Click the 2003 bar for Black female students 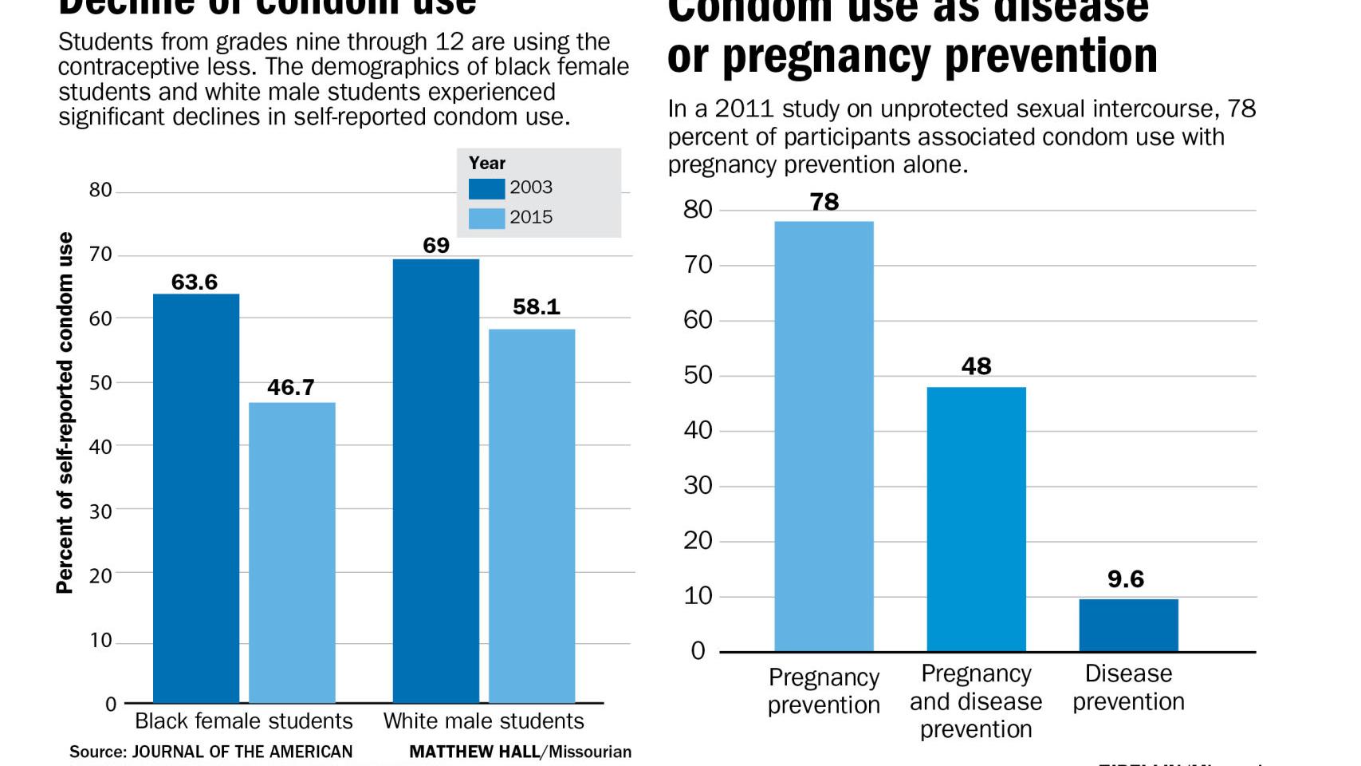point(196,498)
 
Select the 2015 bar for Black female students point(292,552)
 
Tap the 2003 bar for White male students point(436,480)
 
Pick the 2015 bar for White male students point(532,515)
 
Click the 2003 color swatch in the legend point(486,188)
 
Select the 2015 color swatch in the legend point(486,218)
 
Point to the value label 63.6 point(195,282)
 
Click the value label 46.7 point(290,387)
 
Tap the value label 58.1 point(536,306)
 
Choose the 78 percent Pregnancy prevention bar point(824,436)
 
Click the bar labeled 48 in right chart point(976,519)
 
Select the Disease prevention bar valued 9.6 point(1128,625)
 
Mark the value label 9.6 point(1125,578)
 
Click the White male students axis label point(483,721)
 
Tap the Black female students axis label point(243,721)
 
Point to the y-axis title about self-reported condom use point(65,413)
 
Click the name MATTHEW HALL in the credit point(474,752)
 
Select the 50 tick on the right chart point(698,375)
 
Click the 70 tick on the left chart point(100,255)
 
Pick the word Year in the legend point(486,163)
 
